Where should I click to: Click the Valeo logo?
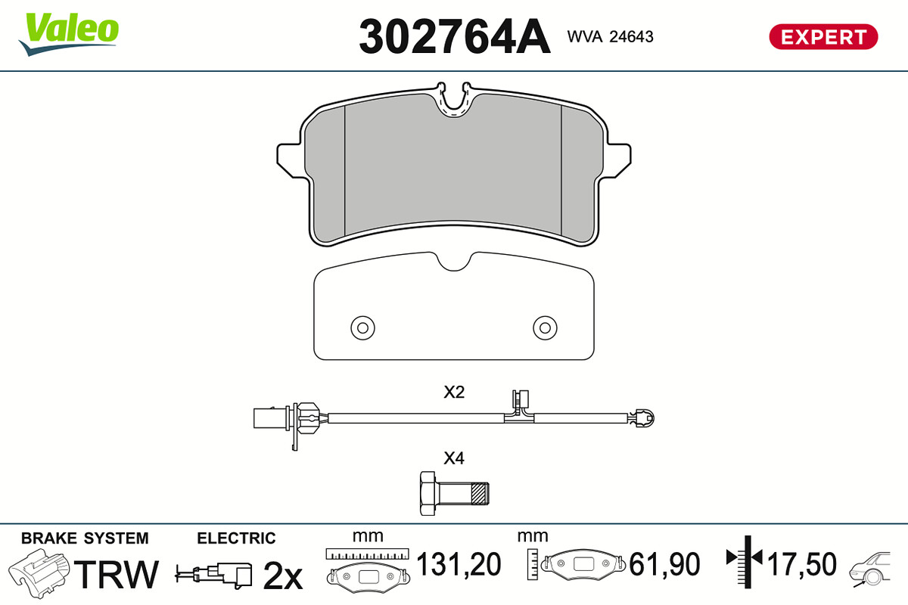tap(69, 34)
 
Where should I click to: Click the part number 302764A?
tap(455, 36)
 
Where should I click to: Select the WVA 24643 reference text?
tap(610, 36)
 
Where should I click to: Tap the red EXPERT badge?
tap(823, 37)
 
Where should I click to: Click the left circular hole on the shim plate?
tap(362, 327)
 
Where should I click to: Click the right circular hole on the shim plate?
tap(545, 327)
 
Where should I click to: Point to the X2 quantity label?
tap(454, 392)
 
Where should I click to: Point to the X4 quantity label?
tap(454, 458)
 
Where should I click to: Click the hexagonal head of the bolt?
tap(428, 493)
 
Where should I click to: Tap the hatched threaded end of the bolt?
tap(480, 494)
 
